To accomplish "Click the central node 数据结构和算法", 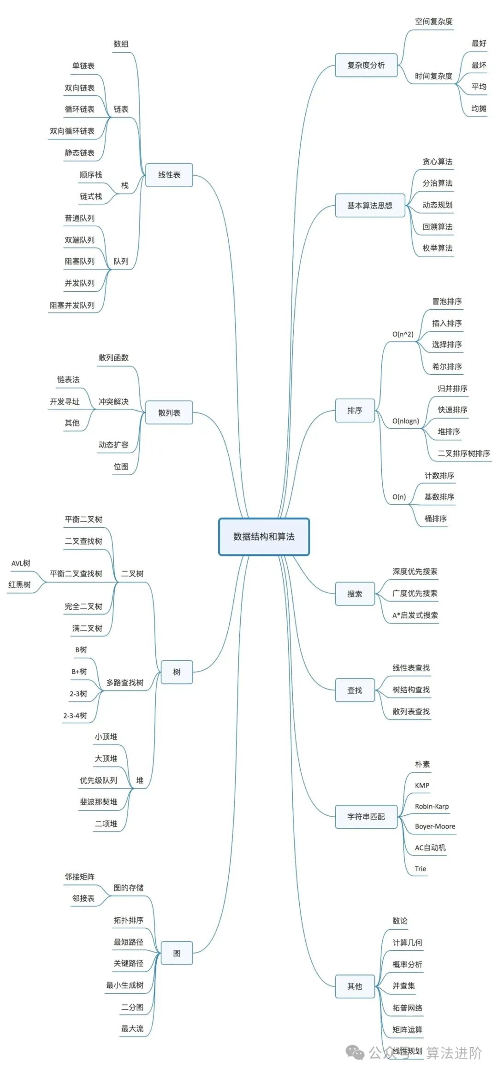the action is [x=264, y=536].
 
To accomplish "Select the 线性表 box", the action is [x=169, y=175].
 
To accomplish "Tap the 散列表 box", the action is [x=169, y=413].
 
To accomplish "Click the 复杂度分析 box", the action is [x=366, y=65].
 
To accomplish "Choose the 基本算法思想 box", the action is [x=370, y=206].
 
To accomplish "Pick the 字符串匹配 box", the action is [x=366, y=817].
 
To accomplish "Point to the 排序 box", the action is [x=355, y=410].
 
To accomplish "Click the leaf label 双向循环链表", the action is [x=72, y=131].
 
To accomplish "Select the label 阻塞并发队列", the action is [x=72, y=305].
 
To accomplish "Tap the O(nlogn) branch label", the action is [x=406, y=421].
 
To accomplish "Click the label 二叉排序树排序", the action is [x=464, y=454].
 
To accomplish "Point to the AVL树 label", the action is [x=21, y=563].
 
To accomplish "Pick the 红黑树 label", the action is [x=19, y=585].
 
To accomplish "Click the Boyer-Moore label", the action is [x=435, y=826].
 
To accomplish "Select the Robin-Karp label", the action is [x=432, y=806].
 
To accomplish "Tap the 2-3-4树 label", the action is [x=75, y=715].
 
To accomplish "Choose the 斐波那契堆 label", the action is [x=99, y=802].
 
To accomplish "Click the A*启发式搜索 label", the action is [x=415, y=615].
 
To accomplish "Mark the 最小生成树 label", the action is [x=125, y=985].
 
